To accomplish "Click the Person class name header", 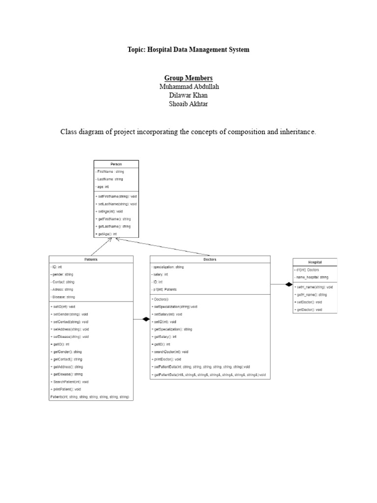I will (116, 164).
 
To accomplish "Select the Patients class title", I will (91, 259).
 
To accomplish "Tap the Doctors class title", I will (210, 259).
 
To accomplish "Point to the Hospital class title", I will (315, 262).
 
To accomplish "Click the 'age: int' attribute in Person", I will (103, 187).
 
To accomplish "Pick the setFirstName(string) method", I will (117, 196).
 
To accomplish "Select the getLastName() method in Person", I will (114, 226).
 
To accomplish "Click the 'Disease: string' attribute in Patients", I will (63, 297).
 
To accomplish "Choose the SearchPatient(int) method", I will (70, 382).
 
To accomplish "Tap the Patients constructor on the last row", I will (89, 396).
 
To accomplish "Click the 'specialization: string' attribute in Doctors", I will (168, 267).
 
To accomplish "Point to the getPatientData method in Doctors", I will (209, 375).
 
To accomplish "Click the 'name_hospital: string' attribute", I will (312, 278).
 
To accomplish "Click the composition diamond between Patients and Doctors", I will (145, 319).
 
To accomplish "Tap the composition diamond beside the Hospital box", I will (288, 284).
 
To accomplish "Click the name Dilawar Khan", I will (188, 95).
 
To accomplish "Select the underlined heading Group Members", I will (188, 78).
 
